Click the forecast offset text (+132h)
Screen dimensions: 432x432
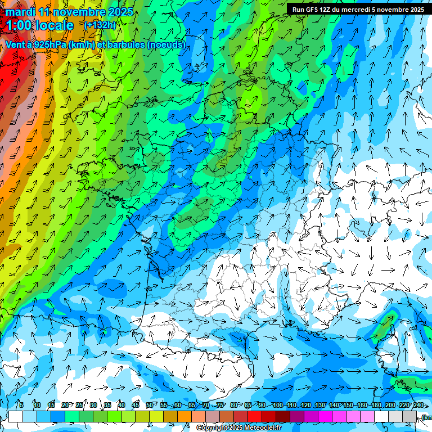coord(100,25)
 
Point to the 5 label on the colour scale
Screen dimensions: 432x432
coord(21,405)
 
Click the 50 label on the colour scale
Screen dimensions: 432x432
coord(149,405)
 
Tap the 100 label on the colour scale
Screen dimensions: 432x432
coord(277,405)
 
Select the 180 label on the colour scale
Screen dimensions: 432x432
coord(376,405)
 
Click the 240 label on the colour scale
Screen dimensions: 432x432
coord(418,405)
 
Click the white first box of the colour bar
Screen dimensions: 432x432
coord(16,416)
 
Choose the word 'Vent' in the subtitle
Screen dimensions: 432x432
coord(15,44)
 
